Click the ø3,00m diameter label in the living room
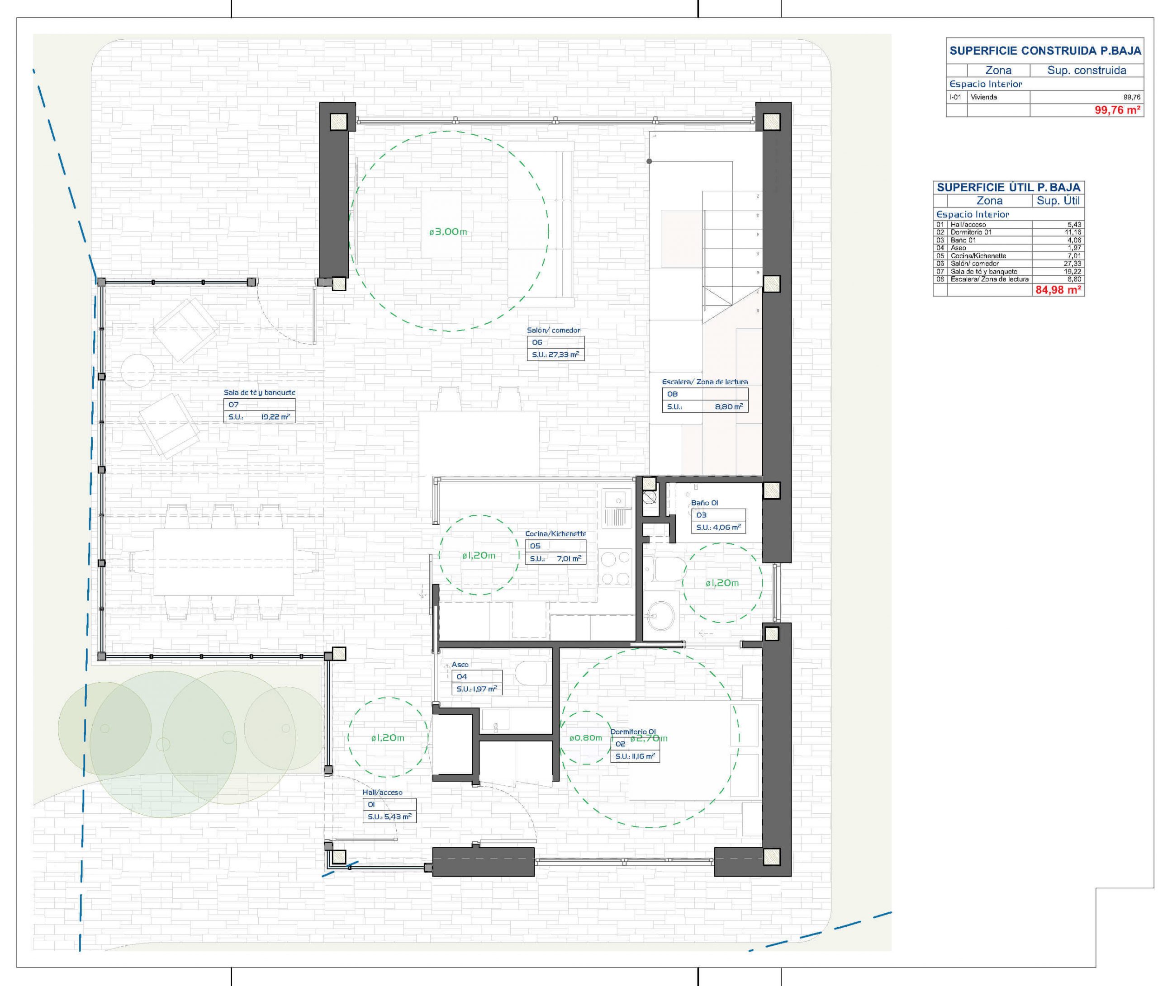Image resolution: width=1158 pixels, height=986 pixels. pos(448,231)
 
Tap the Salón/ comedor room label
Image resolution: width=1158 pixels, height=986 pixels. pos(553,330)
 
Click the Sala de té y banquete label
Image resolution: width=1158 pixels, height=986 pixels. pos(259,392)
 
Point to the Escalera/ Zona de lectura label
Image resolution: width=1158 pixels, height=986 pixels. pos(705,382)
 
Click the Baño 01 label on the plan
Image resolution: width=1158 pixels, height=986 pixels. pos(704,503)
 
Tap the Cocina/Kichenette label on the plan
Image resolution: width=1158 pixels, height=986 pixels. pos(555,533)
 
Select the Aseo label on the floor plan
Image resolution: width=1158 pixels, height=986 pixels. pos(460,664)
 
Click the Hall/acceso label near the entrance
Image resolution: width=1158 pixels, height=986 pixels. pos(382,792)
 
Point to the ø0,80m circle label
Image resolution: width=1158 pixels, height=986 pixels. pos(586,738)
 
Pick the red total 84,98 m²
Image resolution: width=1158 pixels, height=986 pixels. pos(1058,290)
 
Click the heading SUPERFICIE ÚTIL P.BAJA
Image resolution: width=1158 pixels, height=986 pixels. pos(1009,187)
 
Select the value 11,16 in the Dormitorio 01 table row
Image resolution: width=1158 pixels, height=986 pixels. pos(1073,232)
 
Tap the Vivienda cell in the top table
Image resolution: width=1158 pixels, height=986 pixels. pos(984,97)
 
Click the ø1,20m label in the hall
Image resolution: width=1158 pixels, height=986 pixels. pos(387,738)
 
